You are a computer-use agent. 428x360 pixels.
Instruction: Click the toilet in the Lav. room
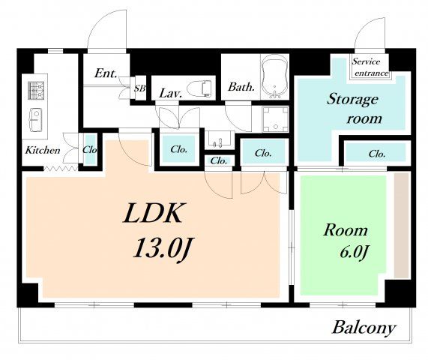200,88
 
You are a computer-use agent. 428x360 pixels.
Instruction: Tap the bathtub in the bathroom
275,76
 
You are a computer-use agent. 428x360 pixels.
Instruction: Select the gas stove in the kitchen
36,90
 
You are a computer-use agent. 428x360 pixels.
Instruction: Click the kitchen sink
35,120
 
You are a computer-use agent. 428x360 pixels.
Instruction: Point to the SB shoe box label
139,88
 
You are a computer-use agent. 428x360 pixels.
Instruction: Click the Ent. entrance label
106,73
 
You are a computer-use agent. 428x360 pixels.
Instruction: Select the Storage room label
354,109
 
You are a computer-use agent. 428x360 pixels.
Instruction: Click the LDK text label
153,213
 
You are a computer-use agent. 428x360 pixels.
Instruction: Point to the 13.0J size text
163,248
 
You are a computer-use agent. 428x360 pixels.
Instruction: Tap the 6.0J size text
355,251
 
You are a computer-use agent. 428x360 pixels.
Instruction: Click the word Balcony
364,327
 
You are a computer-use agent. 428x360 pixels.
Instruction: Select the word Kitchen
43,150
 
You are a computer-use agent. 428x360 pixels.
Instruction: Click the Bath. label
241,87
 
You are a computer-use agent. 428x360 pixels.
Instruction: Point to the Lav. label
171,94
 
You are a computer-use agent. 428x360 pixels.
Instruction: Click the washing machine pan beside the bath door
275,119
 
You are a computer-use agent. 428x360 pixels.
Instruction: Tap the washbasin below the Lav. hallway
220,139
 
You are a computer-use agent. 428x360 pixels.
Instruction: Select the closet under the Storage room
377,153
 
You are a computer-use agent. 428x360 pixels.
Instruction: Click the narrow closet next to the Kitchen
90,149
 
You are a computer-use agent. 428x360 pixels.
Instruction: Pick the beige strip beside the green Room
401,226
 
